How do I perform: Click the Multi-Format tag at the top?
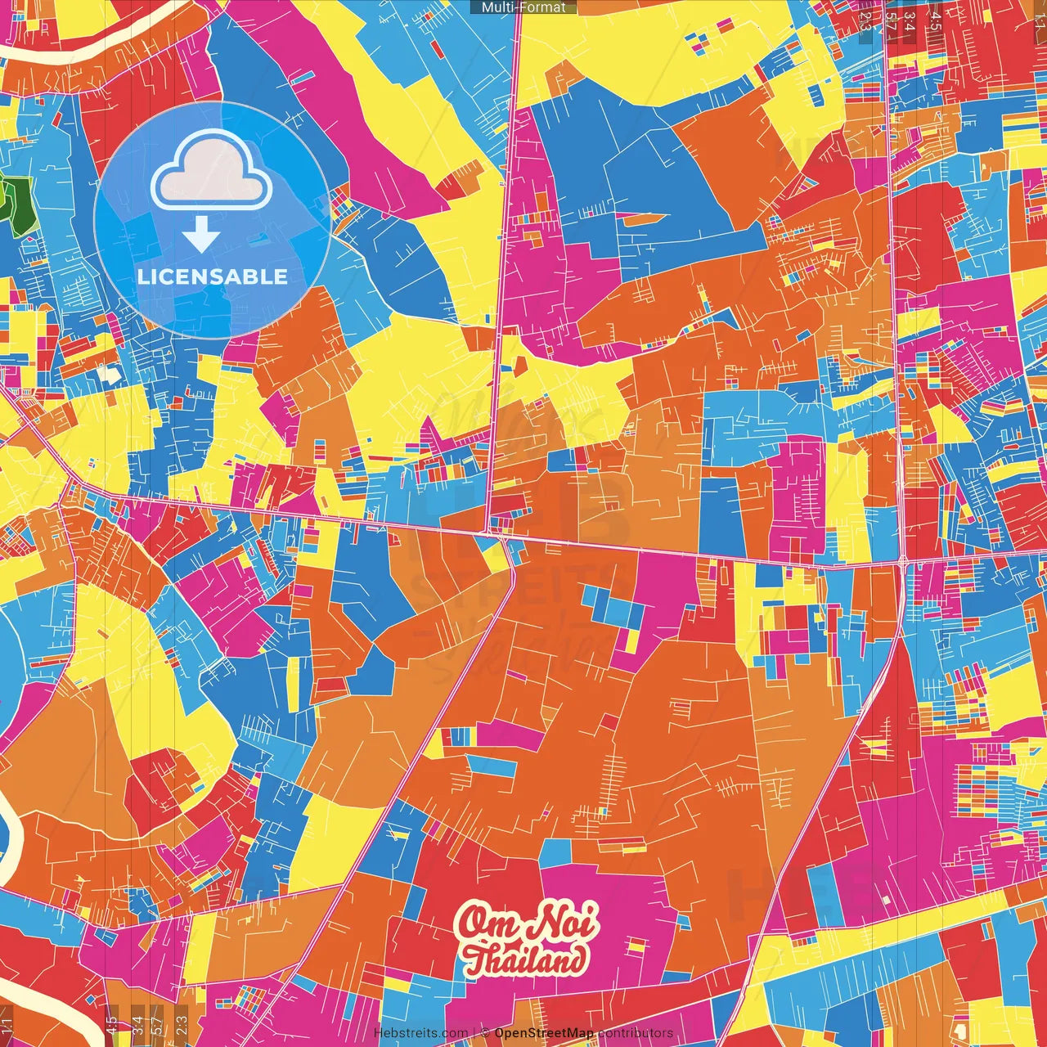pos(523,7)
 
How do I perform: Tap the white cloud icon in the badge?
pos(212,174)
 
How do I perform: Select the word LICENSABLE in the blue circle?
pos(213,276)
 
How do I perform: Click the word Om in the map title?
pos(486,923)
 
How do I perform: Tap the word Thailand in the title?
pos(527,959)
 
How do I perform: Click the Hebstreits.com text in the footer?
pos(420,1033)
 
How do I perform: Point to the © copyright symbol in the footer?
pos(484,1033)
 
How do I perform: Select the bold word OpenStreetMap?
pos(544,1033)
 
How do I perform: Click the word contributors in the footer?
pos(636,1033)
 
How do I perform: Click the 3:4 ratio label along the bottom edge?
pos(137,1023)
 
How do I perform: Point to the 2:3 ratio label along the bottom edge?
pos(181,1023)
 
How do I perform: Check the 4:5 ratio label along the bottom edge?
pos(111,1023)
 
